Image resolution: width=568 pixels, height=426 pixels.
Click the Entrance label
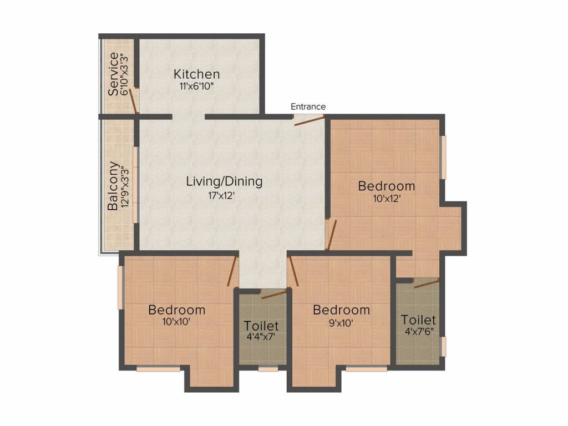[x=308, y=106]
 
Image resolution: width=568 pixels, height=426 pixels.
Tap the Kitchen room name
[x=196, y=74]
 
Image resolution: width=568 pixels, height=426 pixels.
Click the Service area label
[x=113, y=74]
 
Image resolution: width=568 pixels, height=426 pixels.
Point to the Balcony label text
[x=113, y=186]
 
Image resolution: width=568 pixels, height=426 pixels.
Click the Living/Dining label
[x=224, y=181]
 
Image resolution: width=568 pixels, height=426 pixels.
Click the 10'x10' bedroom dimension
[x=176, y=321]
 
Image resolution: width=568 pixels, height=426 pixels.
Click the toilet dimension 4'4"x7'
[x=261, y=337]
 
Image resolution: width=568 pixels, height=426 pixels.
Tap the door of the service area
[x=133, y=101]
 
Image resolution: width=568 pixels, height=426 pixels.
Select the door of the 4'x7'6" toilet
[x=427, y=283]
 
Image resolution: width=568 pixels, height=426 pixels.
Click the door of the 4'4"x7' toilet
[x=275, y=293]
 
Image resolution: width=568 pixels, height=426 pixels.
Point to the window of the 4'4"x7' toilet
[x=268, y=368]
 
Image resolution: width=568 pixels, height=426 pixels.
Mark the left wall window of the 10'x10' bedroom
[x=120, y=287]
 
